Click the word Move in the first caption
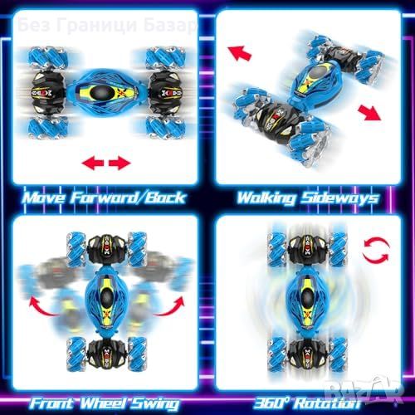[44, 198]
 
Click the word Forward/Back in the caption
[128, 198]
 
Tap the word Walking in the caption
[266, 198]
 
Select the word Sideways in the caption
[340, 198]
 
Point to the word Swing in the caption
[154, 404]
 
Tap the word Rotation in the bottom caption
[327, 403]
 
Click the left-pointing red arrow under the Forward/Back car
[93, 163]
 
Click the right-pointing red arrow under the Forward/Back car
[120, 163]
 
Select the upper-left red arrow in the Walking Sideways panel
[239, 52]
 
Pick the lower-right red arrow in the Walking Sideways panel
[369, 113]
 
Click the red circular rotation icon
[376, 251]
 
